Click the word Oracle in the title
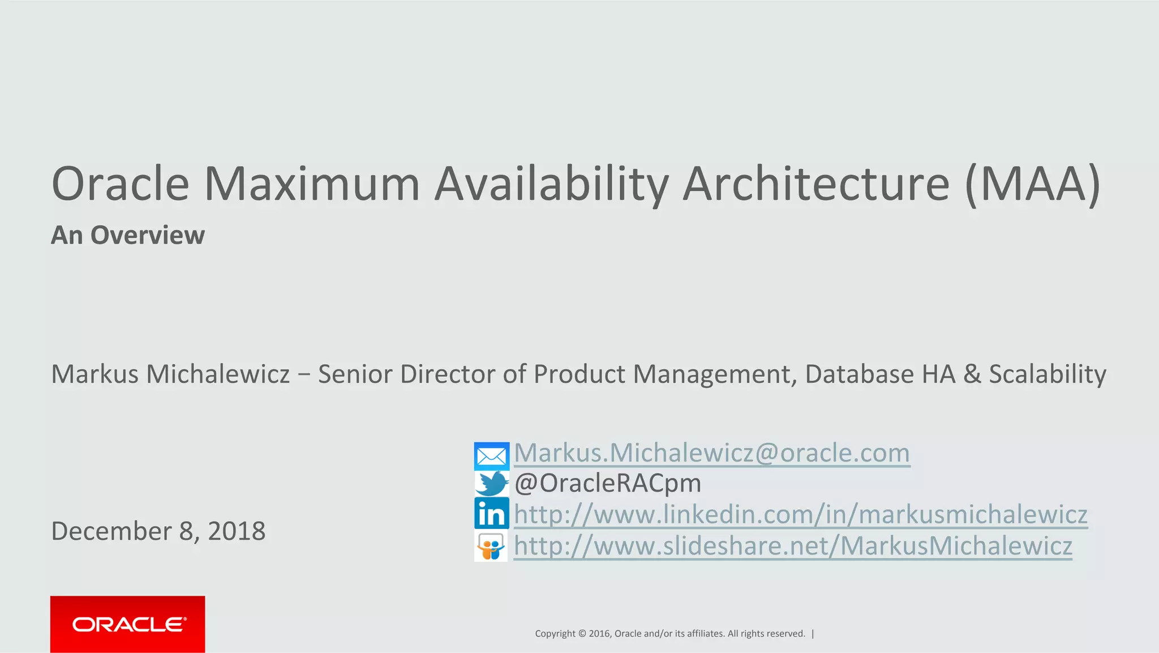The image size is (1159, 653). (x=120, y=184)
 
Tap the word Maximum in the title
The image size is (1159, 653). (x=311, y=184)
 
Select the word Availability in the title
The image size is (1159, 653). (x=551, y=184)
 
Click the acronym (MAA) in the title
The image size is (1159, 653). (x=1032, y=184)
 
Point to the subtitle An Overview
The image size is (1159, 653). (x=128, y=235)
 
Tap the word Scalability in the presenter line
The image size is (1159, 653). (x=1047, y=374)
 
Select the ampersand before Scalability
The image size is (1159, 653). (x=972, y=374)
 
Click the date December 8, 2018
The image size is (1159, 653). (x=158, y=531)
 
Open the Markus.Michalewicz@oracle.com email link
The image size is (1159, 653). (x=711, y=453)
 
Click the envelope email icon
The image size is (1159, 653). (x=491, y=456)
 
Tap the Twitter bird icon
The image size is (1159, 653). (x=491, y=484)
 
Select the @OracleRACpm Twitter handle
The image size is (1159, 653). (x=608, y=483)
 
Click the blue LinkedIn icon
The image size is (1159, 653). (x=491, y=514)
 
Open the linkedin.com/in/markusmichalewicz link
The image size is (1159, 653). (x=800, y=514)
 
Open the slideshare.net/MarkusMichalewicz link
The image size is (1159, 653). (x=793, y=546)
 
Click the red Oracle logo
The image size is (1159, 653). (x=128, y=624)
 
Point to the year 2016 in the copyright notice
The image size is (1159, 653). (x=599, y=634)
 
